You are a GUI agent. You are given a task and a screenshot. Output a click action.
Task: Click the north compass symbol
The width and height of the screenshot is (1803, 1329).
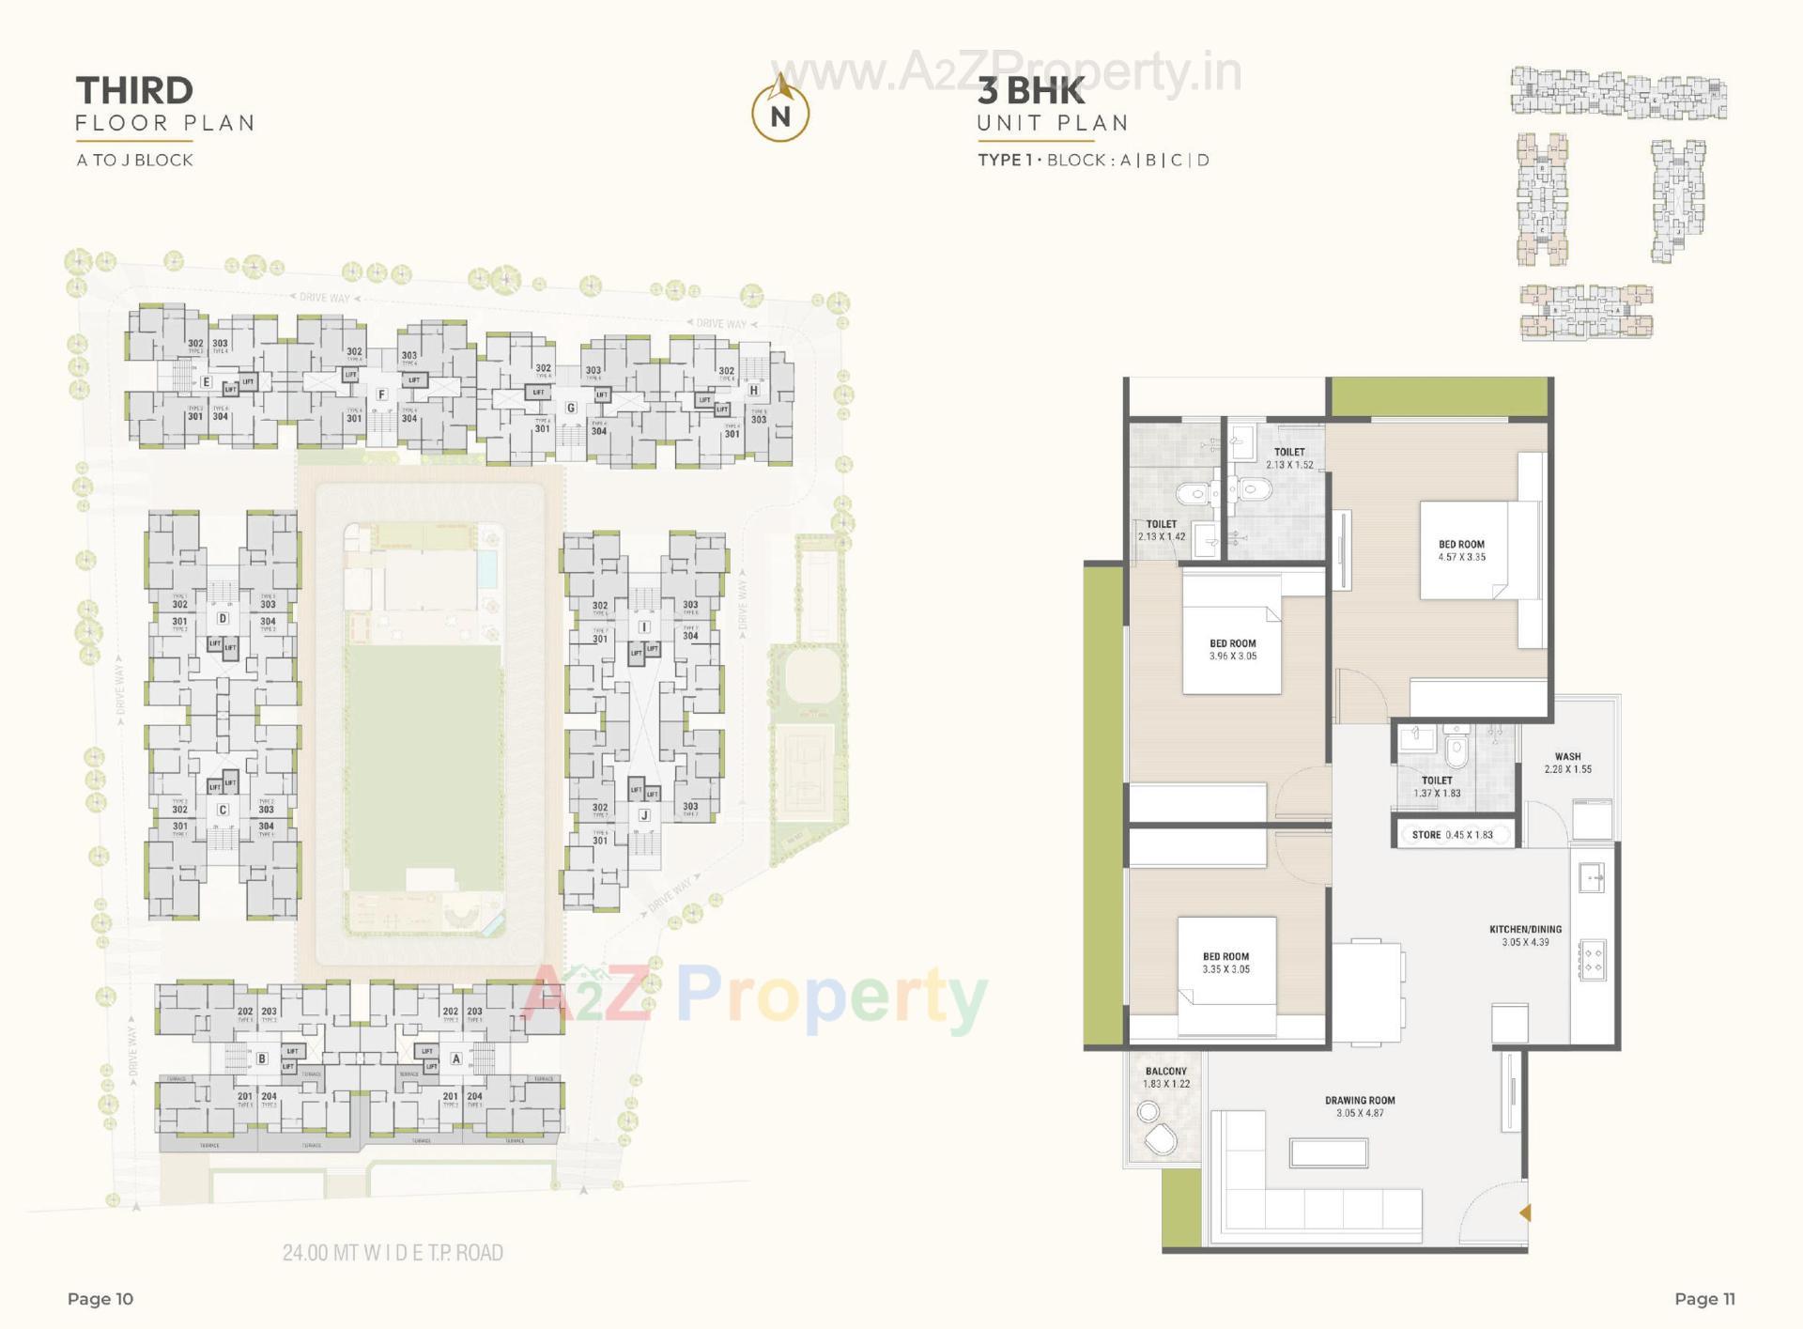780,112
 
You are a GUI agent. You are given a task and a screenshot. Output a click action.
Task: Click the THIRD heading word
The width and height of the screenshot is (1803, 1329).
134,91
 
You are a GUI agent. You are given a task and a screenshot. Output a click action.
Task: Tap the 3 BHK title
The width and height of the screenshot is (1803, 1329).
1031,91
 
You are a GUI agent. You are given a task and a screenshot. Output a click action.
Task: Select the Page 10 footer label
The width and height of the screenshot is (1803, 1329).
100,1299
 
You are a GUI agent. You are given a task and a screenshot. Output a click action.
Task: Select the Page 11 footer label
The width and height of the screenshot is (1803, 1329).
1704,1299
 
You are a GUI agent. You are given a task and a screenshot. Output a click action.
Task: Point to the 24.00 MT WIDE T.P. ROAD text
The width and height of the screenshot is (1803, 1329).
393,1252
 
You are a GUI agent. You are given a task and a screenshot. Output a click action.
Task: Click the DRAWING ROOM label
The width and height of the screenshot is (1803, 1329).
1360,1105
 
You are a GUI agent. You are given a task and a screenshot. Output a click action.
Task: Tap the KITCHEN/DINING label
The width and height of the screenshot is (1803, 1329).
1525,935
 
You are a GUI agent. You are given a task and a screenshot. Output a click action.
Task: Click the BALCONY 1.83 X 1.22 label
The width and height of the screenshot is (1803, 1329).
1165,1077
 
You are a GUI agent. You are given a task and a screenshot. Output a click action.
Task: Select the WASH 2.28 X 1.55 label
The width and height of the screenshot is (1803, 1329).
1567,763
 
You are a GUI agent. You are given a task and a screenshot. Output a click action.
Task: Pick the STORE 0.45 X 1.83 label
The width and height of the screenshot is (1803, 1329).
1452,834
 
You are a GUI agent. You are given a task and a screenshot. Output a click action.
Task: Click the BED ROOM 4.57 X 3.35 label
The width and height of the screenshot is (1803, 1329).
1461,550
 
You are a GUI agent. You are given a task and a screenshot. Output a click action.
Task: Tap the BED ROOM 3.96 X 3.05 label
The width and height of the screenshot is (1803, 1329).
1232,650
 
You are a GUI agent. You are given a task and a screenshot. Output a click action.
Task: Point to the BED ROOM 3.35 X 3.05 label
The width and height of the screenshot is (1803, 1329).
1225,963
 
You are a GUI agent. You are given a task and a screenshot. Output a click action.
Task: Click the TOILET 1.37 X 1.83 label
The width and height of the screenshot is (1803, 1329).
1437,786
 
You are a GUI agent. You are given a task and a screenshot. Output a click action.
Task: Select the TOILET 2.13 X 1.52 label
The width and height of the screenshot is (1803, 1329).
1289,457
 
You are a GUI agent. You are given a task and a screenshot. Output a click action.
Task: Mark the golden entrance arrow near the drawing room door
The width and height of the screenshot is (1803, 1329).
1525,1213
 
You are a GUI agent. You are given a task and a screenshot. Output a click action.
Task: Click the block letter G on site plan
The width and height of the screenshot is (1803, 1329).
571,408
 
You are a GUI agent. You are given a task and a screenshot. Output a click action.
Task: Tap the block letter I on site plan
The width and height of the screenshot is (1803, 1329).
644,626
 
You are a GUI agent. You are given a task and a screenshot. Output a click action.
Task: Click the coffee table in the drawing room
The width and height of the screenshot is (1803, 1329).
1328,1152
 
